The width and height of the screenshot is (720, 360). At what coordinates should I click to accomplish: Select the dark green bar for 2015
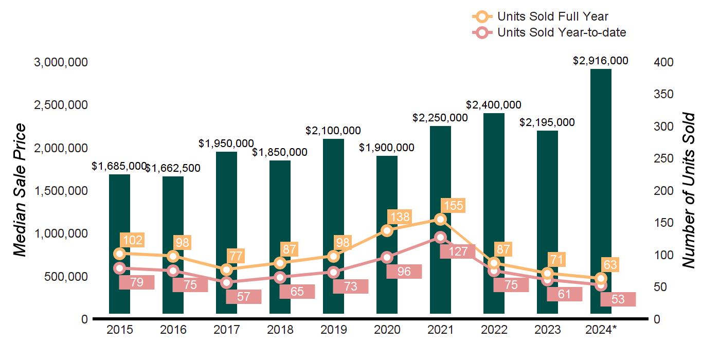coord(119,216)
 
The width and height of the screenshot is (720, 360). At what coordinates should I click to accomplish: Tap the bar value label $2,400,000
coord(494,105)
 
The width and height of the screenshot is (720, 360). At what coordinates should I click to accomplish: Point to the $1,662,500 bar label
coord(173,168)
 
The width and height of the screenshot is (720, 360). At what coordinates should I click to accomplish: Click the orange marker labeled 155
coord(440,220)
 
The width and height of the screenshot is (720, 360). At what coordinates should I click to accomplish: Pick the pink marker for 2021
coord(440,237)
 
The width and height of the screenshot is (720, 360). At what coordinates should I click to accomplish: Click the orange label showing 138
coord(400,217)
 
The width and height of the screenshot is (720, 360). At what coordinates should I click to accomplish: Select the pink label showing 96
coord(404,272)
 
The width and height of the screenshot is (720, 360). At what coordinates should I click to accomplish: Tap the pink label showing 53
coord(618,299)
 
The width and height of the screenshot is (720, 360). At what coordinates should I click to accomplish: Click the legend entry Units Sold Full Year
coord(553,16)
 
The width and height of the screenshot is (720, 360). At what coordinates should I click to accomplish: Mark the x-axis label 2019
coord(333,330)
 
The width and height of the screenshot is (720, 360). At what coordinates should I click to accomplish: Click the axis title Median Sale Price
coord(20,190)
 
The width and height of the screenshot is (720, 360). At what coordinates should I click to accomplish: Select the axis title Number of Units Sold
coord(689,190)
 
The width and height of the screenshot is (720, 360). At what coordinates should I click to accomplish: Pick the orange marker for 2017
coord(226,270)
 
